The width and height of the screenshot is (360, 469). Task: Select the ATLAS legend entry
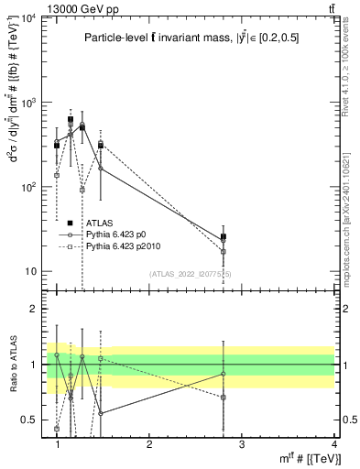point(98,223)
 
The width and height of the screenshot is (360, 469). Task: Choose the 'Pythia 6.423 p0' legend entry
point(118,234)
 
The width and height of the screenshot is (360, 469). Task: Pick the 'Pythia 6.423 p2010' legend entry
point(125,246)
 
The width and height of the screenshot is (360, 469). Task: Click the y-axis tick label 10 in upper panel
point(32,271)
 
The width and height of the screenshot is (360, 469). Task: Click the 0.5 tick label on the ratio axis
point(29,420)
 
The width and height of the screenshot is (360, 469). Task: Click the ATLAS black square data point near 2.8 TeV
point(224,236)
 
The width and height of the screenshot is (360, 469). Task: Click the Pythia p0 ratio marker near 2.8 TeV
point(224,374)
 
